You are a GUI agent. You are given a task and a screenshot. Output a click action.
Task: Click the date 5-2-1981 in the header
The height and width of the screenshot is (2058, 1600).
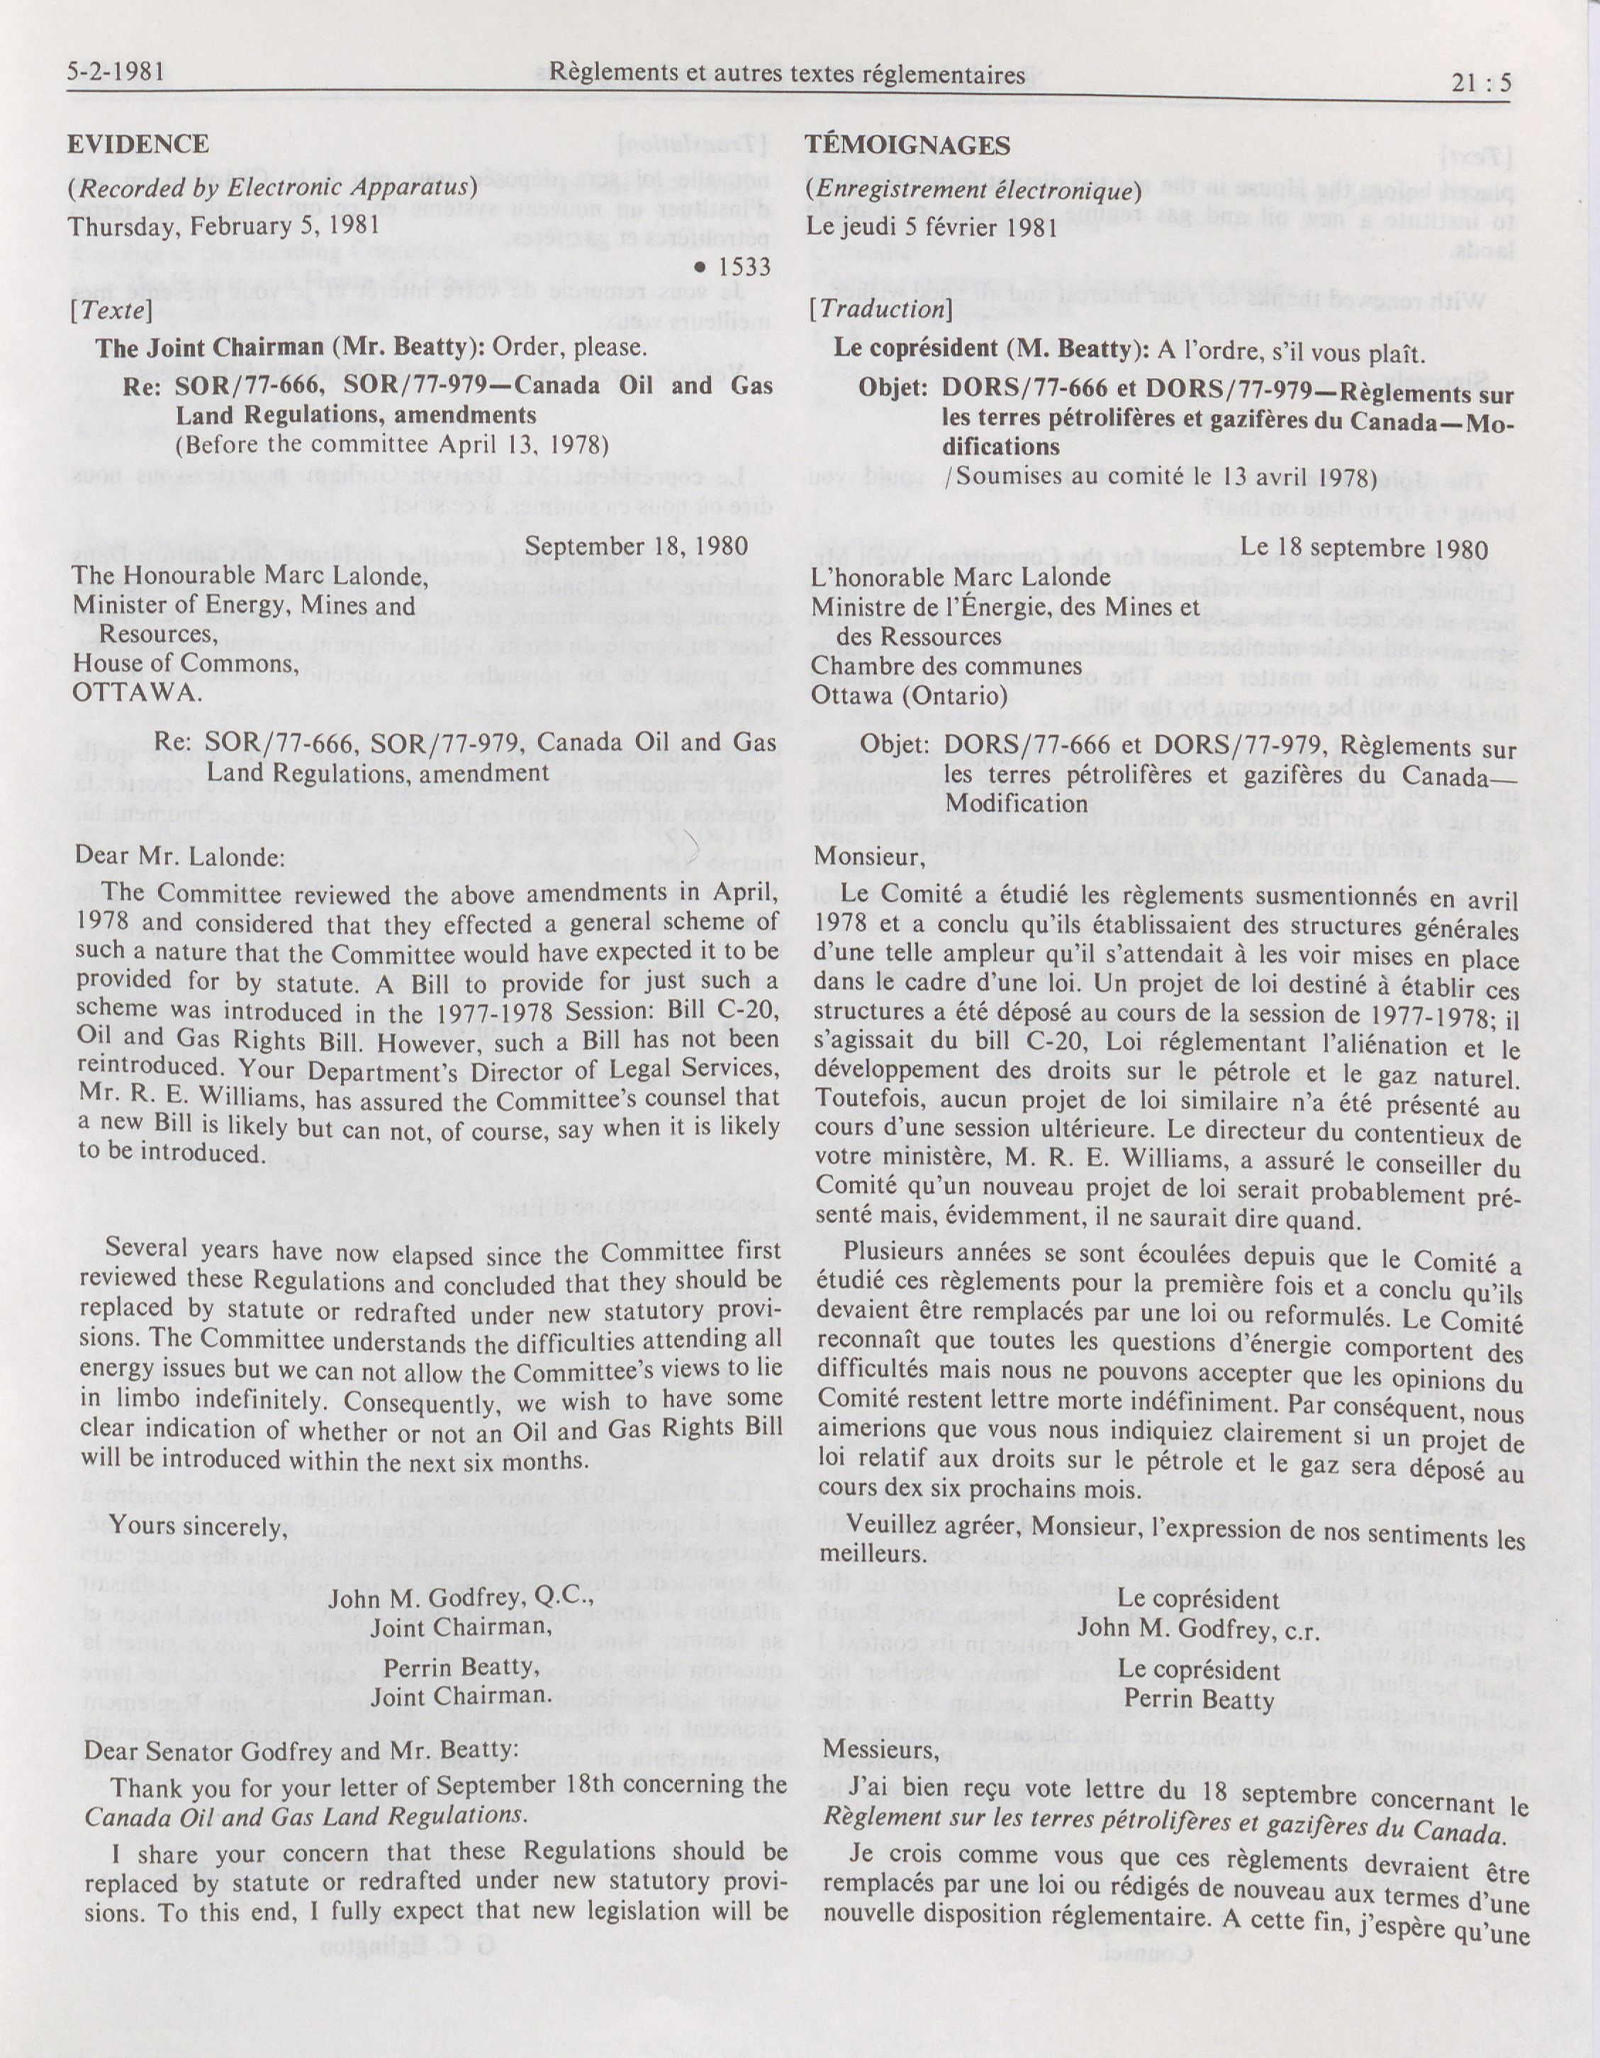click(x=117, y=72)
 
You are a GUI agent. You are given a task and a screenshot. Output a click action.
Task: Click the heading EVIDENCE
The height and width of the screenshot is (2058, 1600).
click(x=138, y=144)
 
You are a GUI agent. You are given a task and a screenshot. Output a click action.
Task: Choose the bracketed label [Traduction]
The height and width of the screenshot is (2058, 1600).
click(x=879, y=309)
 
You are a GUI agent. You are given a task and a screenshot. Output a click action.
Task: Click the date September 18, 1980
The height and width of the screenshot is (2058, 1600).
click(x=636, y=547)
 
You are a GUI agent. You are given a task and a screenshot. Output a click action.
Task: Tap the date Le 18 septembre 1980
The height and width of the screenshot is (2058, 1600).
click(x=1363, y=549)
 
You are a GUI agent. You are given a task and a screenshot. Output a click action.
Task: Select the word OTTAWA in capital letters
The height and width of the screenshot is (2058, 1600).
click(x=137, y=692)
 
